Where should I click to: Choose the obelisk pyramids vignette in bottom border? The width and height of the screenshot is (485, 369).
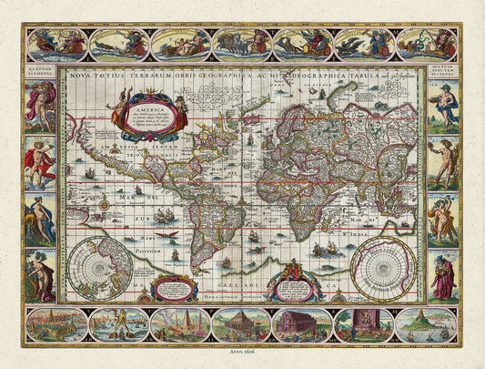tap(179, 324)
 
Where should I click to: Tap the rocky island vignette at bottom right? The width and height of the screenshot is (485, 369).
tap(425, 324)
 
